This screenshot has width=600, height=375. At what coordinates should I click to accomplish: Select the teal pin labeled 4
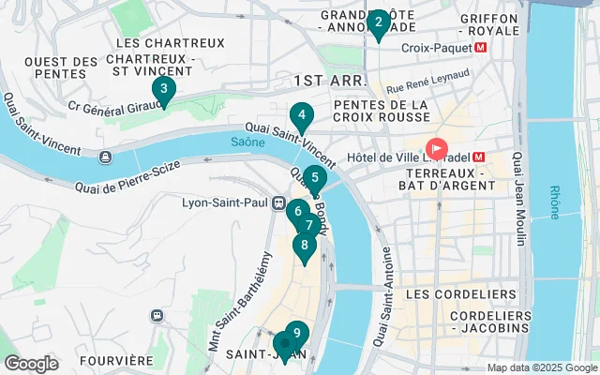[301, 118]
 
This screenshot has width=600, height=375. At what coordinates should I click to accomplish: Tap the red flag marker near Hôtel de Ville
[437, 149]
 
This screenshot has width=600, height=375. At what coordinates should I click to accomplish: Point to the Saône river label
[247, 142]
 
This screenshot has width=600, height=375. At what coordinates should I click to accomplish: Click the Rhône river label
[555, 200]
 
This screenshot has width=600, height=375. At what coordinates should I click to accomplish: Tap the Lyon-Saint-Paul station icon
[278, 202]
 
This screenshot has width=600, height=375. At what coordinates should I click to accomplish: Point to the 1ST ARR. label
[324, 82]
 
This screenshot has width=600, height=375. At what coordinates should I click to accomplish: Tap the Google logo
[32, 364]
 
